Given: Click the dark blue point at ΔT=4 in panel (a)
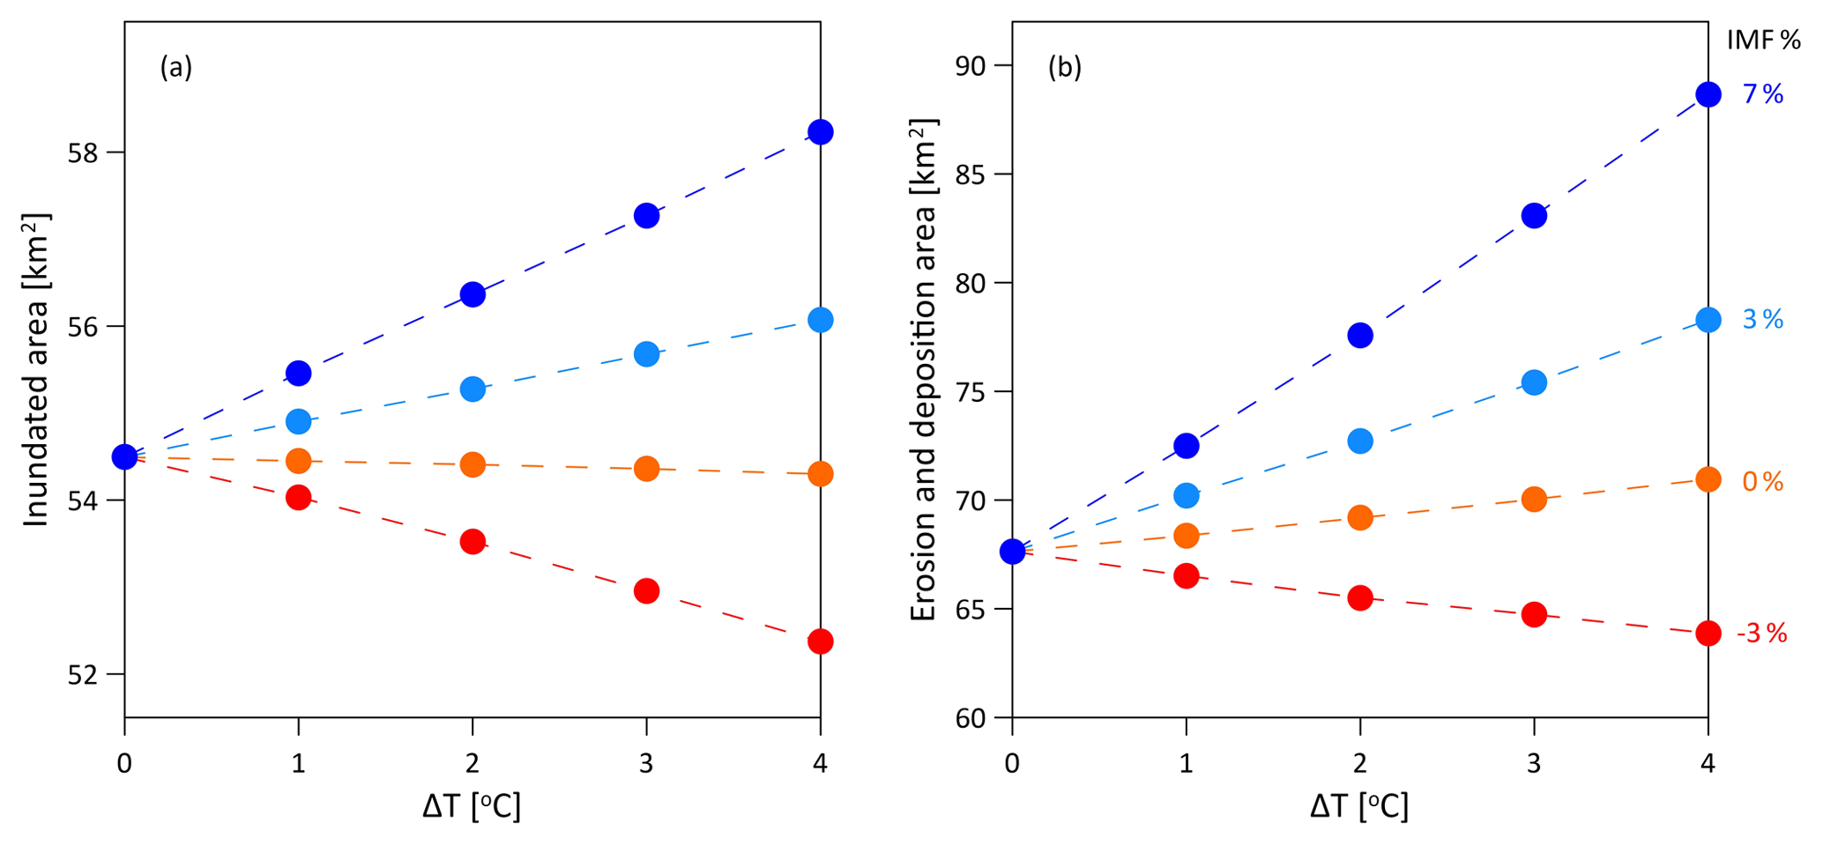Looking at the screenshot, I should (821, 132).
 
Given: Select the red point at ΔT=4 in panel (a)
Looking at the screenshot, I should (821, 641).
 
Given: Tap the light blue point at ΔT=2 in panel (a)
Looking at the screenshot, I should (472, 389).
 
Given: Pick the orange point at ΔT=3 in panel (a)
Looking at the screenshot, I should (646, 469).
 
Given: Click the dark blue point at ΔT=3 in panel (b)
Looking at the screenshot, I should (1534, 216).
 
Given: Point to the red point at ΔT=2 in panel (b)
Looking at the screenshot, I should (1360, 597).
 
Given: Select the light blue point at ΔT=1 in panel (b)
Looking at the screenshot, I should (1187, 495).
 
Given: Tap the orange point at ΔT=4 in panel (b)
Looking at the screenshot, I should (1708, 479).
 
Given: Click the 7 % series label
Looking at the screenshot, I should (1763, 94).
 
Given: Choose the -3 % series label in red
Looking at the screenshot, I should (1761, 634).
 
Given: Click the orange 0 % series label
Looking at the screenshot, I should (1763, 482).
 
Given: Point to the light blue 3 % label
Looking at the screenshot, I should (1763, 320).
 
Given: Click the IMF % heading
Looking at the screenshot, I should (1763, 41).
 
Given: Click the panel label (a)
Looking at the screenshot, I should (176, 68).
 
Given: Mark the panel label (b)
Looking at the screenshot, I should (1064, 68).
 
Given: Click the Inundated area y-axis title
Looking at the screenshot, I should (36, 370).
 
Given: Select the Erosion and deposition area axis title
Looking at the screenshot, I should (923, 370).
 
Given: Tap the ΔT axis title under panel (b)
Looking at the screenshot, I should (1359, 805).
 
